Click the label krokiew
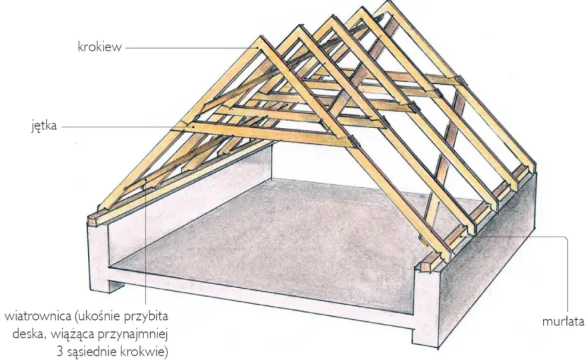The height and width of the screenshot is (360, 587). tap(99, 47)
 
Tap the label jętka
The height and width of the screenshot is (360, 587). tap(44, 126)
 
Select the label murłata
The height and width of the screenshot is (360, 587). tap(563, 322)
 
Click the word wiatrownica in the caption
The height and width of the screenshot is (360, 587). tap(38, 316)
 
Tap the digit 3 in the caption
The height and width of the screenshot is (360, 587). tap(61, 352)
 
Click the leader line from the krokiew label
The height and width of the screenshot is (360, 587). tap(191, 48)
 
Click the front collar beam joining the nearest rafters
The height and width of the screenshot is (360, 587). tap(262, 133)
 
